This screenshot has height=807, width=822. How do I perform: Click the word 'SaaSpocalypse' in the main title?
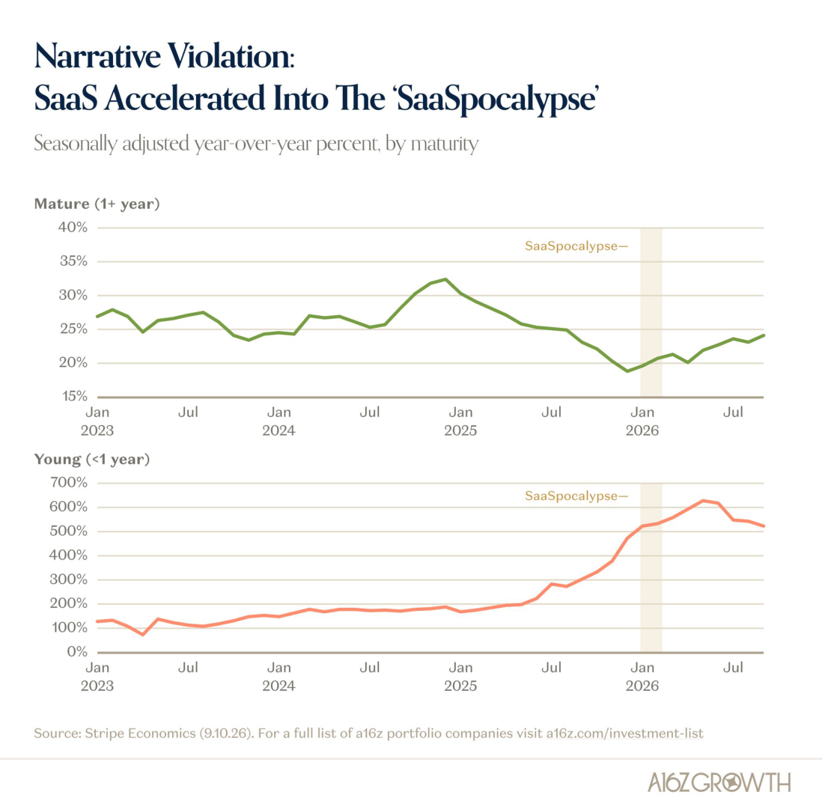click(496, 99)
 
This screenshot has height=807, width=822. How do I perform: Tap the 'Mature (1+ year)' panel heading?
click(97, 204)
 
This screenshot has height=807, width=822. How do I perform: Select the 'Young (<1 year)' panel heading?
click(92, 460)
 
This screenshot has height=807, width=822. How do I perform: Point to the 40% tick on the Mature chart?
click(73, 228)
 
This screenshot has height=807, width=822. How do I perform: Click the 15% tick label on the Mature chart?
click(73, 397)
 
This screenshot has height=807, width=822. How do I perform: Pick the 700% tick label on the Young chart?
click(69, 482)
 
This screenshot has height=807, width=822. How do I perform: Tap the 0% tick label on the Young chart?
click(77, 652)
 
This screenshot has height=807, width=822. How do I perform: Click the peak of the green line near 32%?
click(445, 279)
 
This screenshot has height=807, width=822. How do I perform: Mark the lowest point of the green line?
click(627, 371)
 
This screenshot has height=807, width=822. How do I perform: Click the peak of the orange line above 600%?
click(703, 501)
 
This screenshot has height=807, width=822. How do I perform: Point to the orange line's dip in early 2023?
click(142, 635)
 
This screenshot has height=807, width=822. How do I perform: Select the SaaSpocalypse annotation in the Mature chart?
click(576, 246)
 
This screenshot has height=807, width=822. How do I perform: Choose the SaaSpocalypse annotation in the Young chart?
click(576, 496)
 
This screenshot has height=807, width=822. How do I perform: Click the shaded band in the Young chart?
click(651, 568)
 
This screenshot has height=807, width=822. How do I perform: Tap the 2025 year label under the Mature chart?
click(460, 430)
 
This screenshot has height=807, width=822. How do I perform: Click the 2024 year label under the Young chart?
click(279, 686)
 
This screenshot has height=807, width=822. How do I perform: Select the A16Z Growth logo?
click(719, 782)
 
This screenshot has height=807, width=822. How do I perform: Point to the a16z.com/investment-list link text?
click(624, 733)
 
